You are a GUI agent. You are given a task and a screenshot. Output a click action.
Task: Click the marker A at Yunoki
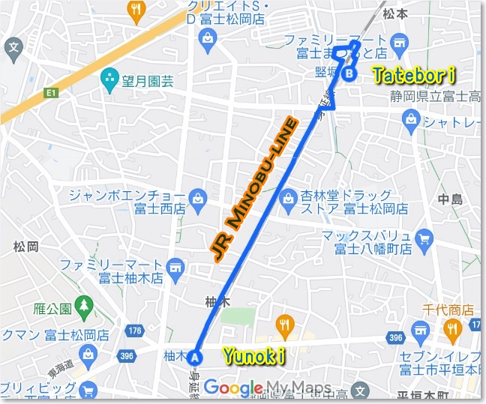pyautogui.click(x=196, y=357)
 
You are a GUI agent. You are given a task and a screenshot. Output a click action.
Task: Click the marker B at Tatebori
pyautogui.click(x=349, y=73)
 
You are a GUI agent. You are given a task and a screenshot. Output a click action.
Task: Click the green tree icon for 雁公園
pyautogui.click(x=84, y=305)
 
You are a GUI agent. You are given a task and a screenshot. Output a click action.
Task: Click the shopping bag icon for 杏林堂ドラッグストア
pyautogui.click(x=286, y=199)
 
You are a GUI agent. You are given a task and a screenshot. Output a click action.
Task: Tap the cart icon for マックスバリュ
pyautogui.click(x=425, y=240)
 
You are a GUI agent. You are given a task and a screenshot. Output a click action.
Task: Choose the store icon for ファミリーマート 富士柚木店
pyautogui.click(x=177, y=266)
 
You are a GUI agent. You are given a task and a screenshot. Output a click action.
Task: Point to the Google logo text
pyautogui.click(x=232, y=388)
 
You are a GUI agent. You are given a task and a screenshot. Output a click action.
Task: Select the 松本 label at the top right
pyautogui.click(x=395, y=13)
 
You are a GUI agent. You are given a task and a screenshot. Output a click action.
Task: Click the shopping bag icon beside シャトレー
pyautogui.click(x=411, y=117)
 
